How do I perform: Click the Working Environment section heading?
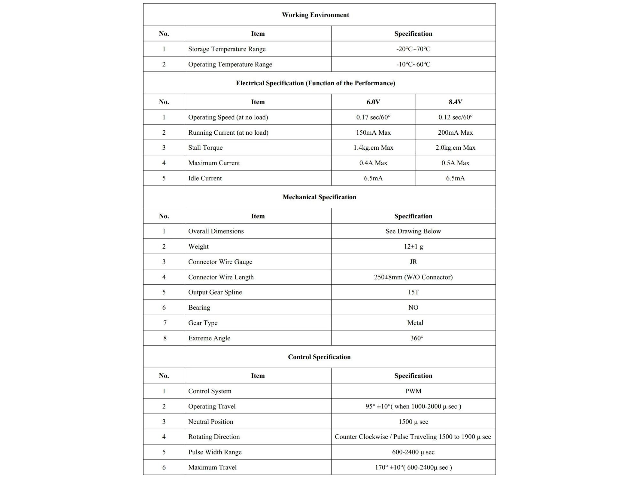click(x=315, y=15)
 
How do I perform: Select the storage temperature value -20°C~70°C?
click(x=413, y=49)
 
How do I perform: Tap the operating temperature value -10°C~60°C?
click(x=413, y=64)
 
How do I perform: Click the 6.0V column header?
click(x=373, y=102)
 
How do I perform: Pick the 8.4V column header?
click(x=455, y=102)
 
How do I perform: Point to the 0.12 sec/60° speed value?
click(x=455, y=117)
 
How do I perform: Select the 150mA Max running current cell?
click(x=373, y=133)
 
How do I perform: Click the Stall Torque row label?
click(x=205, y=148)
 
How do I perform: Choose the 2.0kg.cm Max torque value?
click(x=455, y=148)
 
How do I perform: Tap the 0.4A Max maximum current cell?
click(x=373, y=163)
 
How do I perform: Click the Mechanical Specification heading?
click(x=319, y=197)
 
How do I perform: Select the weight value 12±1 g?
click(x=413, y=247)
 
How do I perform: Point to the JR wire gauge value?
click(x=413, y=262)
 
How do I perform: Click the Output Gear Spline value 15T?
click(x=413, y=292)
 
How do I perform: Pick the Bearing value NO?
click(x=413, y=308)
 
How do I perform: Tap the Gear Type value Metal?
click(x=415, y=323)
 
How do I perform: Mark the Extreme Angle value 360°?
click(x=417, y=338)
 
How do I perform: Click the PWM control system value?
click(x=413, y=391)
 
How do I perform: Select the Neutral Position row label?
click(x=211, y=422)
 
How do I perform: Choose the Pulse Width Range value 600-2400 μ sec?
click(x=413, y=452)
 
